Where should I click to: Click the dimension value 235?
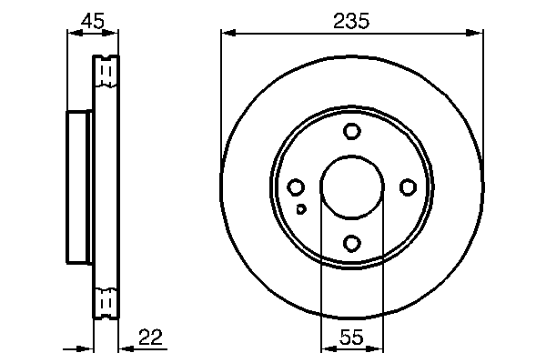[350, 21]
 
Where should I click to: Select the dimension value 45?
[92, 21]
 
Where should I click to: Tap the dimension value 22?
[150, 337]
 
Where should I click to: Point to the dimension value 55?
[351, 337]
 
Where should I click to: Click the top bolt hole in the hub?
[351, 131]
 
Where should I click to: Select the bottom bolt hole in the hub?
[351, 243]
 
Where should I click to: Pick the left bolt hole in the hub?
[296, 187]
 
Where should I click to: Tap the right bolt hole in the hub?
[408, 187]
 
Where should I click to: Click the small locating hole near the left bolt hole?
[301, 209]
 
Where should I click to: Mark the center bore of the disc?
[352, 187]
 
